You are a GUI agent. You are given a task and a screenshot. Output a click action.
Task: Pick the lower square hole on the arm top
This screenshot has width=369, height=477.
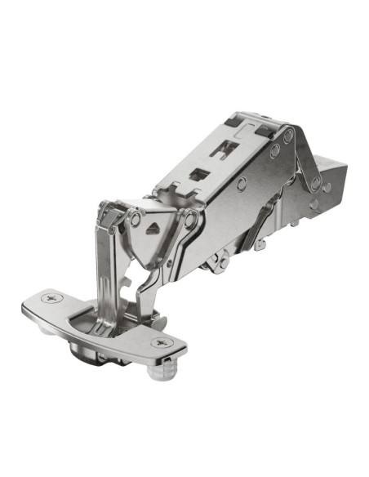coord(198,174)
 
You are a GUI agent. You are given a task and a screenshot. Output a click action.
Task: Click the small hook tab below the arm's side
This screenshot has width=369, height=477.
coord(259,243)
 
